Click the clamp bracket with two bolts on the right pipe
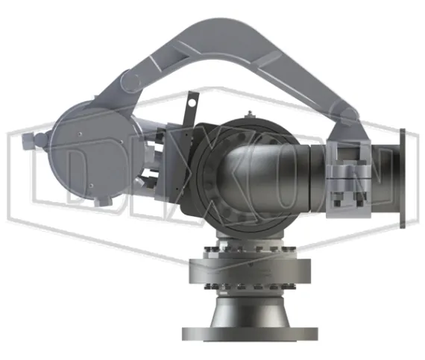click(347, 180)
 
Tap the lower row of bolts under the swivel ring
click(250, 285)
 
